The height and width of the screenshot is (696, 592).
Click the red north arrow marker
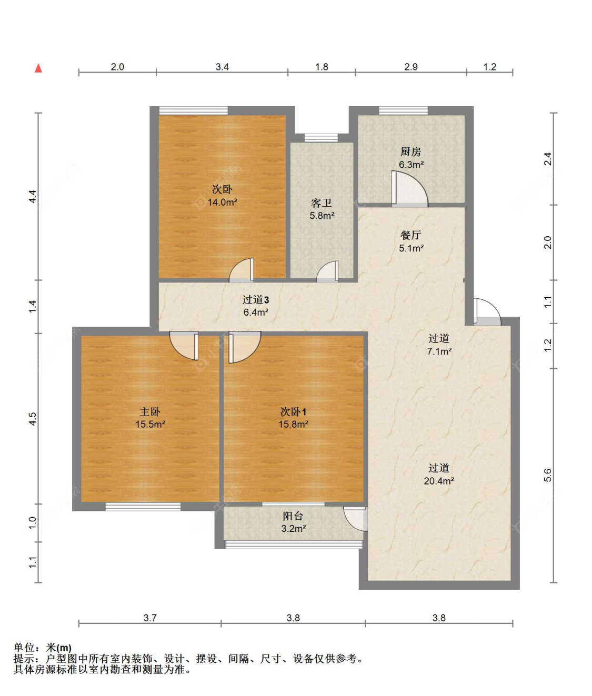(38, 68)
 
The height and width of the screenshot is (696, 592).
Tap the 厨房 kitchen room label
(410, 152)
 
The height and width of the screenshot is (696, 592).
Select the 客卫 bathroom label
(322, 203)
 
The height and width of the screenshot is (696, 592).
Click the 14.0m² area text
(222, 202)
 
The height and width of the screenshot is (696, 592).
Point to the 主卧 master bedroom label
(150, 411)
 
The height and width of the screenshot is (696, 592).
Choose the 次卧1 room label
(293, 411)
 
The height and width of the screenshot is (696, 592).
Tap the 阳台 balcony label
(293, 516)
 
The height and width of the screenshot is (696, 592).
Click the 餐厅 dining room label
(410, 235)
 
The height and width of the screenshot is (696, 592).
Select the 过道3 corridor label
(256, 300)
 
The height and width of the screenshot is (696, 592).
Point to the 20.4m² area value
(439, 481)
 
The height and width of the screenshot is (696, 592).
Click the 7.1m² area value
(439, 351)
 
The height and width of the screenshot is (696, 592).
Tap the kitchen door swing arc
(410, 188)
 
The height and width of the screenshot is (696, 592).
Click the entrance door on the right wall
(486, 312)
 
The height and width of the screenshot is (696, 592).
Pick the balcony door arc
(356, 519)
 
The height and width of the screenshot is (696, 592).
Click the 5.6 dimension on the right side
(548, 475)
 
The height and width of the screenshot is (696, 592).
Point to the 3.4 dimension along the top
(222, 67)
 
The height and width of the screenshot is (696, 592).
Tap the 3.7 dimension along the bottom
(150, 618)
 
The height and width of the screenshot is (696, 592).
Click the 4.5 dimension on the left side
(33, 419)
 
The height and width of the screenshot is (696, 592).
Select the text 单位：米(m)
(43, 648)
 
